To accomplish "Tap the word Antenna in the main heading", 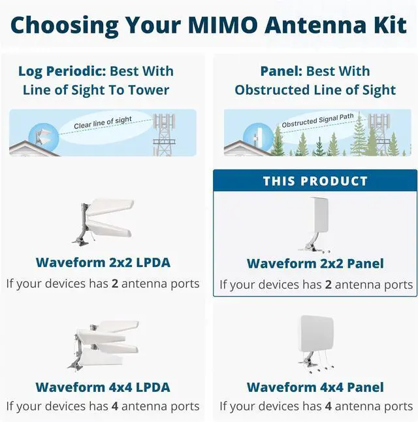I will click(313, 24).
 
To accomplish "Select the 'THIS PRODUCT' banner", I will click(315, 181).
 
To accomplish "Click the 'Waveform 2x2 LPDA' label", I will click(103, 263).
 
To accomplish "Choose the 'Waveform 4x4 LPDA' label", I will click(103, 387).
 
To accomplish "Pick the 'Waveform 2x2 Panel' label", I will click(315, 264).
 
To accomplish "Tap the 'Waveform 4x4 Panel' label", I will click(315, 387).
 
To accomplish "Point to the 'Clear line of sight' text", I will click(103, 123).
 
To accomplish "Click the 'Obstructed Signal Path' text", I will click(317, 120).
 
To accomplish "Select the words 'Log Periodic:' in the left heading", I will click(61, 71).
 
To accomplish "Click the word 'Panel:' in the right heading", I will click(283, 71).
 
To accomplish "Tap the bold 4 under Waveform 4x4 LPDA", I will click(115, 407).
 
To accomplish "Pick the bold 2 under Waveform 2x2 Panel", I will click(329, 285).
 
